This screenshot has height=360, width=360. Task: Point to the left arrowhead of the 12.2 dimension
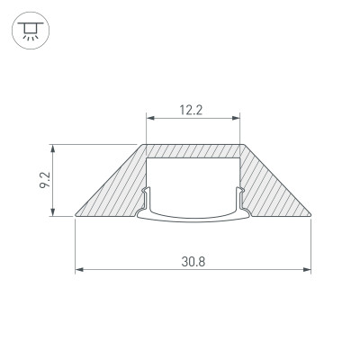tap(149, 117)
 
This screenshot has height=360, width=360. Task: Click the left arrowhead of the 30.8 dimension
tap(78, 270)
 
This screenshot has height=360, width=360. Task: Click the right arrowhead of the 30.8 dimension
tap(308, 270)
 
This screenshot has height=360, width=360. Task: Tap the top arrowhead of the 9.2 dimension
tap(55, 147)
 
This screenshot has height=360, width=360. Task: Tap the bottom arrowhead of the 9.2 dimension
tap(55, 213)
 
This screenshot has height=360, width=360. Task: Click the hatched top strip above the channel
tap(193, 150)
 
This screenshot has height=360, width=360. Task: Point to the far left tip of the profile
tap(76, 217)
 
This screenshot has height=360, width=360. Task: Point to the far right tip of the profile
tap(311, 217)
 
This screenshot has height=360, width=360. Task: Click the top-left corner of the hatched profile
tap(142, 144)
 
